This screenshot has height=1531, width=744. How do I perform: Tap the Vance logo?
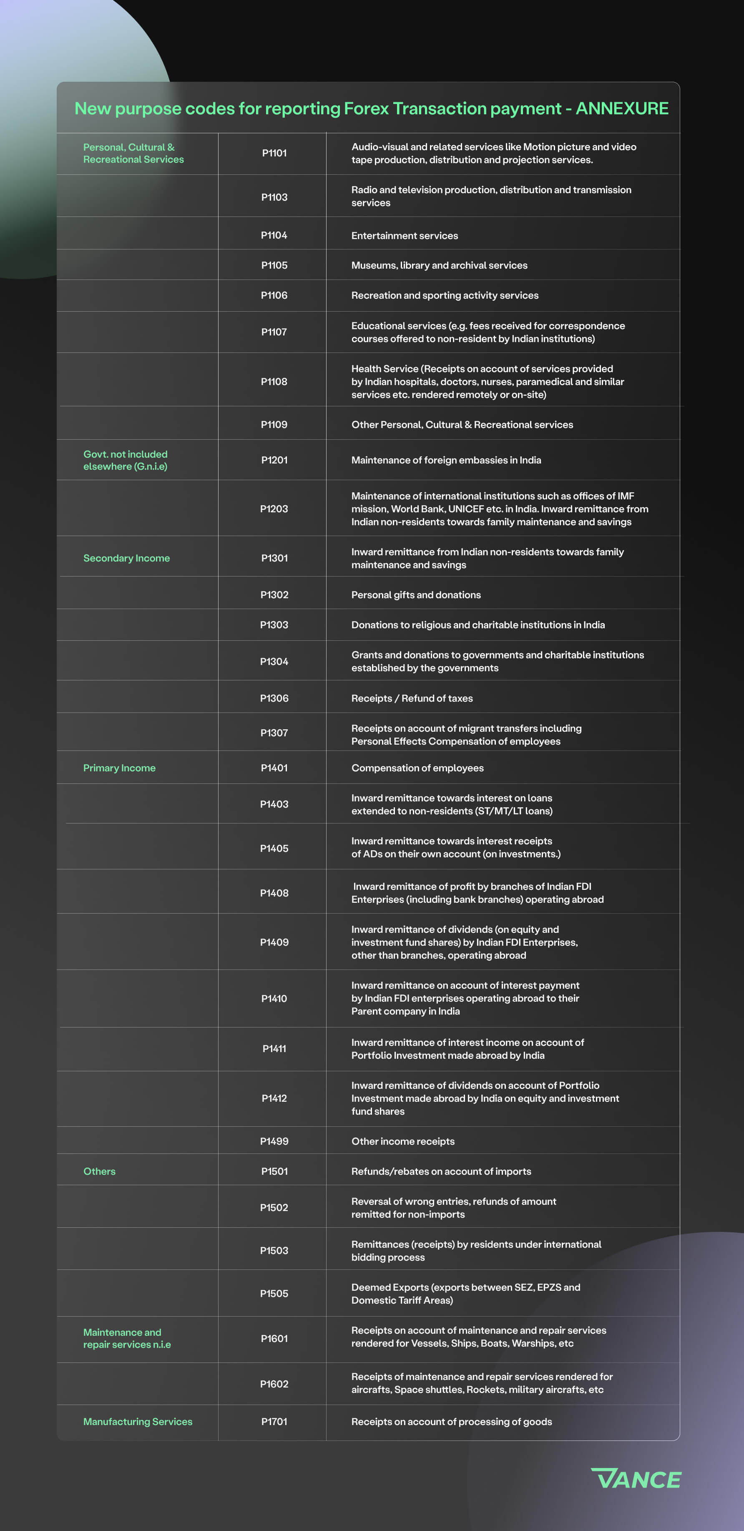point(636,1479)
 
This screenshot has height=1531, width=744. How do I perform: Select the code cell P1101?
point(274,154)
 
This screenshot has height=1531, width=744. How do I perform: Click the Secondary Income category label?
point(127,558)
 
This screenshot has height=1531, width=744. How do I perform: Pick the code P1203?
point(274,509)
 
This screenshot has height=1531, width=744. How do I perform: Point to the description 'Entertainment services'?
point(404,236)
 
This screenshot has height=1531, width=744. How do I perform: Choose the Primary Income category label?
point(119,768)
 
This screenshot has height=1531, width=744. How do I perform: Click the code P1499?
point(274,1141)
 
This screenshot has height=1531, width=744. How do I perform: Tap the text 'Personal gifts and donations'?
point(416,595)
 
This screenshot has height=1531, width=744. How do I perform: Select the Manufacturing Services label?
point(138,1422)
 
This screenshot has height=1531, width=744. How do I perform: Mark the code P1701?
point(274,1422)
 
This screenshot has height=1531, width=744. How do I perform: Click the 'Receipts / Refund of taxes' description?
point(412,698)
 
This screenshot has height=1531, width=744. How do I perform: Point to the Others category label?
point(99,1171)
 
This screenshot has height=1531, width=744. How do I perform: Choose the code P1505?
point(274,1294)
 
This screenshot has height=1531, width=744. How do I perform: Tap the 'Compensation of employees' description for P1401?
point(417,768)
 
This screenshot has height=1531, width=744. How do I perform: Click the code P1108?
point(274,382)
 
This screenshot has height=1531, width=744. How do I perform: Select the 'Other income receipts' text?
point(403,1141)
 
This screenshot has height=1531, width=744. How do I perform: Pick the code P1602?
point(274,1384)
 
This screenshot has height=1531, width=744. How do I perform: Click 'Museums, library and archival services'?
point(439,266)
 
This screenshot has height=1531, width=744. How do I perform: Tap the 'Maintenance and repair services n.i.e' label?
point(127,1338)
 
